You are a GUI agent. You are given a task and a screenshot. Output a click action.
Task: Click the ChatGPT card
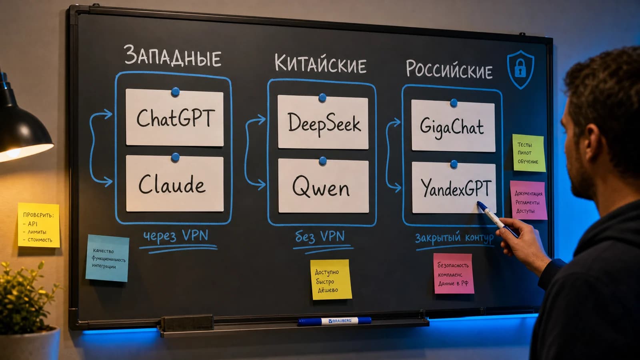click(x=174, y=118)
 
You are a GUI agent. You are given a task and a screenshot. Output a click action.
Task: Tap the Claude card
click(x=174, y=184)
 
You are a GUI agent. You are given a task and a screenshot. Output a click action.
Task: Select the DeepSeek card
click(x=323, y=122)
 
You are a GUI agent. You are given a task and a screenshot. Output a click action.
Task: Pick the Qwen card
click(x=323, y=186)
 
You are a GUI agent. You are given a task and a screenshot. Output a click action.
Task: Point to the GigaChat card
click(x=453, y=126)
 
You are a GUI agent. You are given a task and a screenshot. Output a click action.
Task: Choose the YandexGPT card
click(x=454, y=188)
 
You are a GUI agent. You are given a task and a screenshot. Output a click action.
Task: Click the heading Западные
click(x=172, y=56)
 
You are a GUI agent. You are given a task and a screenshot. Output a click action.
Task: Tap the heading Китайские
click(x=320, y=63)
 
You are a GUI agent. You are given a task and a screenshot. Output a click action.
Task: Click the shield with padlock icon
click(x=520, y=70)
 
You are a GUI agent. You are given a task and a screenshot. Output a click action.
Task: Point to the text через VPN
click(x=176, y=236)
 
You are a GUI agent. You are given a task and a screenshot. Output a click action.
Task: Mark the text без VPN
click(x=320, y=236)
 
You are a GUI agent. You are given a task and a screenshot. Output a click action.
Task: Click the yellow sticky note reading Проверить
click(x=39, y=225)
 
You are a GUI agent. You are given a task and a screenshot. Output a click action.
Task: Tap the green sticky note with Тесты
click(x=528, y=153)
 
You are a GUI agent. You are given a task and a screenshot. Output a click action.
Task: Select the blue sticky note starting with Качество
click(x=108, y=258)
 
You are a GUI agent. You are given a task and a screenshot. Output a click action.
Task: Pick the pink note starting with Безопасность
click(x=454, y=274)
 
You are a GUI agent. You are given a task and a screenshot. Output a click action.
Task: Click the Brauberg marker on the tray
click(x=334, y=321)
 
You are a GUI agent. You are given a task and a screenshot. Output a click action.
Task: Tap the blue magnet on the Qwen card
click(x=322, y=161)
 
